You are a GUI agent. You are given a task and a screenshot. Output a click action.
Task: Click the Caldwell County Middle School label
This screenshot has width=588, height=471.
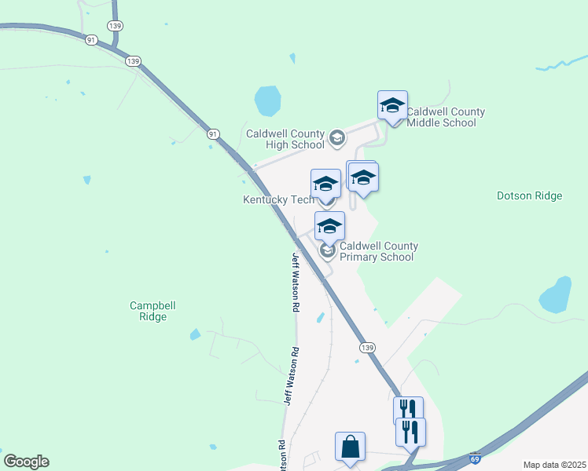(445, 117)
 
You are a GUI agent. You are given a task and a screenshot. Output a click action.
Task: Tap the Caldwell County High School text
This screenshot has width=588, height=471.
(285, 139)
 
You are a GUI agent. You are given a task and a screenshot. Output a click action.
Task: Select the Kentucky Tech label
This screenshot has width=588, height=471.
(278, 199)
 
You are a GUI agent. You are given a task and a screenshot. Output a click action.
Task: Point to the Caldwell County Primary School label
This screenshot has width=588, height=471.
(378, 251)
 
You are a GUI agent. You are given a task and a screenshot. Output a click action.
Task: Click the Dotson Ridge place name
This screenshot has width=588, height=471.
(530, 195)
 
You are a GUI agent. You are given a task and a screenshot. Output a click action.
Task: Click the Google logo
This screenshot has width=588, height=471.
(26, 462)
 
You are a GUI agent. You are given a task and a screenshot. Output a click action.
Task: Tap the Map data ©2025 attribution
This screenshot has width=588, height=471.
(554, 465)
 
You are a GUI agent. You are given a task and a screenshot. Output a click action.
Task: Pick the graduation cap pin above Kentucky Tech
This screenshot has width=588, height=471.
(325, 185)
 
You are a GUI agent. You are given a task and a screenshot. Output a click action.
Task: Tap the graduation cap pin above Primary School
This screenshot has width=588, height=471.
(329, 228)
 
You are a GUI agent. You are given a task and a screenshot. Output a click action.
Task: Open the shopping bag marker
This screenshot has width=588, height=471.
(350, 447)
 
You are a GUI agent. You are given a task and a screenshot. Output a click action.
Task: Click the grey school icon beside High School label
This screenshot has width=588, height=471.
(337, 139)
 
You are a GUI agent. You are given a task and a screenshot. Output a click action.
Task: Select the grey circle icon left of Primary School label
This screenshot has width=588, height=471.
(328, 251)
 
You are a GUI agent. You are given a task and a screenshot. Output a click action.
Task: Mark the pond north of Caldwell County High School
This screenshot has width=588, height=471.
(267, 100)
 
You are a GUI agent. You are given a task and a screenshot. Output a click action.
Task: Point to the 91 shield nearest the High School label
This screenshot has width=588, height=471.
(213, 134)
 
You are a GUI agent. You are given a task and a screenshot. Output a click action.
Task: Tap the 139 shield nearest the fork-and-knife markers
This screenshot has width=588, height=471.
(367, 347)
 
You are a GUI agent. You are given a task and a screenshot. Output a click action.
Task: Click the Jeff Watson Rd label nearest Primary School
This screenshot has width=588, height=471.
(296, 272)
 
